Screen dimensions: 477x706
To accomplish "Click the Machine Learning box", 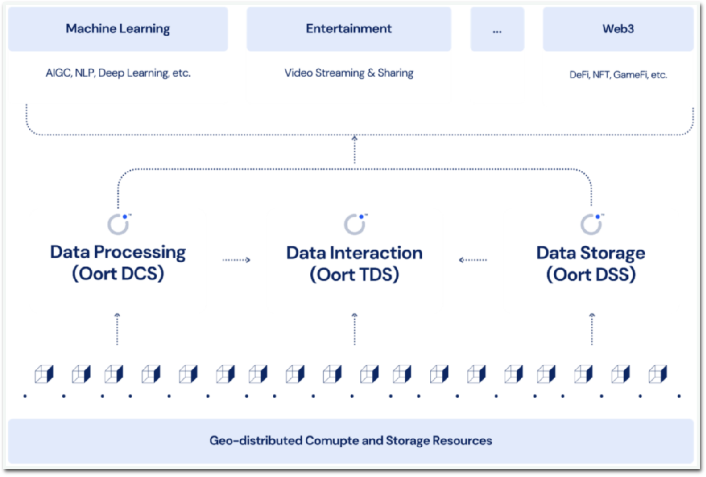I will coord(118,29).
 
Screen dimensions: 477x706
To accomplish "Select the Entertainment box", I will coord(349,29).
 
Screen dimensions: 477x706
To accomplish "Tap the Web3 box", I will coord(618,29).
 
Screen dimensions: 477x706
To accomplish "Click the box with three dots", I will coord(497,29).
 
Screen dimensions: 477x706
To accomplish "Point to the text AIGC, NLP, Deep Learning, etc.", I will coord(118,73).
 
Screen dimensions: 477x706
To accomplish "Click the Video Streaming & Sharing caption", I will coord(349,73).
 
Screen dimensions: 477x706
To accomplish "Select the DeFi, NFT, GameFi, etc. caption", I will coord(618,75).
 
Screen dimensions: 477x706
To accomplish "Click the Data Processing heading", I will coord(118,252).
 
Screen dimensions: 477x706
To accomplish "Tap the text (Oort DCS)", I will coord(118,274).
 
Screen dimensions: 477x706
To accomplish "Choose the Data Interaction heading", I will coord(354,253).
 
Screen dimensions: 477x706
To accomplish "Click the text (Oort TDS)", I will coord(354,275).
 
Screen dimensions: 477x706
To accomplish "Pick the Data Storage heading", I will coord(591,253).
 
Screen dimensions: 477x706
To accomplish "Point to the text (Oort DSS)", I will coord(591,275).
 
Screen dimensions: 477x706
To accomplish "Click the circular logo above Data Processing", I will coord(118,224).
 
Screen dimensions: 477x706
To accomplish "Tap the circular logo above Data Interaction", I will coord(355,224).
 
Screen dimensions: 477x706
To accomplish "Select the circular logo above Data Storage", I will coord(591,224).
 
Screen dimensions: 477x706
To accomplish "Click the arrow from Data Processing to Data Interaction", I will coord(236,260).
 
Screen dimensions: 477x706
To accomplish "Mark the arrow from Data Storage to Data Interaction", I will coord(473,260).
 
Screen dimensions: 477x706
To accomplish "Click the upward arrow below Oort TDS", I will coord(355,329).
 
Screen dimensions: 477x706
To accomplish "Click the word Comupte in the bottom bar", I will coord(344,441).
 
